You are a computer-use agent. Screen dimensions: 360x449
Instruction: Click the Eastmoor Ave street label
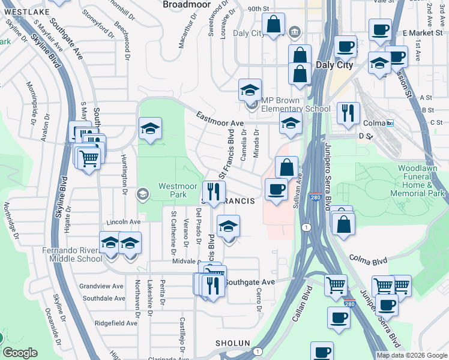pyautogui.click(x=220, y=119)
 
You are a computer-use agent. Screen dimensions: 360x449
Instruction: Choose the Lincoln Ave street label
pyautogui.click(x=122, y=222)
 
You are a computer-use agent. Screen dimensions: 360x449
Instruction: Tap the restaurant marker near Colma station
pyautogui.click(x=348, y=112)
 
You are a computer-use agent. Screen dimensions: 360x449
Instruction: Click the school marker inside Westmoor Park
pyautogui.click(x=150, y=128)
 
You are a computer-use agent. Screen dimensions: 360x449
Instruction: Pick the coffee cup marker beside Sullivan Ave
pyautogui.click(x=276, y=189)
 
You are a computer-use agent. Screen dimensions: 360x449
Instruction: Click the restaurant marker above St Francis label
pyautogui.click(x=213, y=192)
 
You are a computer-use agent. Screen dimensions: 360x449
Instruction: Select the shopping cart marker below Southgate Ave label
pyautogui.click(x=336, y=284)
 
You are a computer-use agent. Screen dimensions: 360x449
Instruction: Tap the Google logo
pyautogui.click(x=20, y=353)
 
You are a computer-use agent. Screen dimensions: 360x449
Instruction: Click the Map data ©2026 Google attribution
pyautogui.click(x=411, y=355)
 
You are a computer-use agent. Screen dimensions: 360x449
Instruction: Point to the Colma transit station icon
pyautogui.click(x=390, y=123)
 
